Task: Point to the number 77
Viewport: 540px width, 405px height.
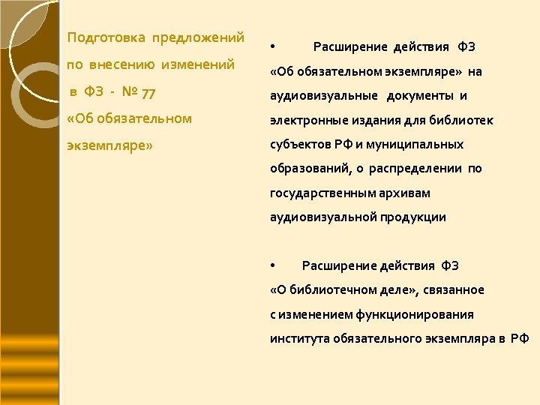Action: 148,92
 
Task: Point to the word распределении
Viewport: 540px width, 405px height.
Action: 421,169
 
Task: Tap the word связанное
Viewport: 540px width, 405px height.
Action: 454,290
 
